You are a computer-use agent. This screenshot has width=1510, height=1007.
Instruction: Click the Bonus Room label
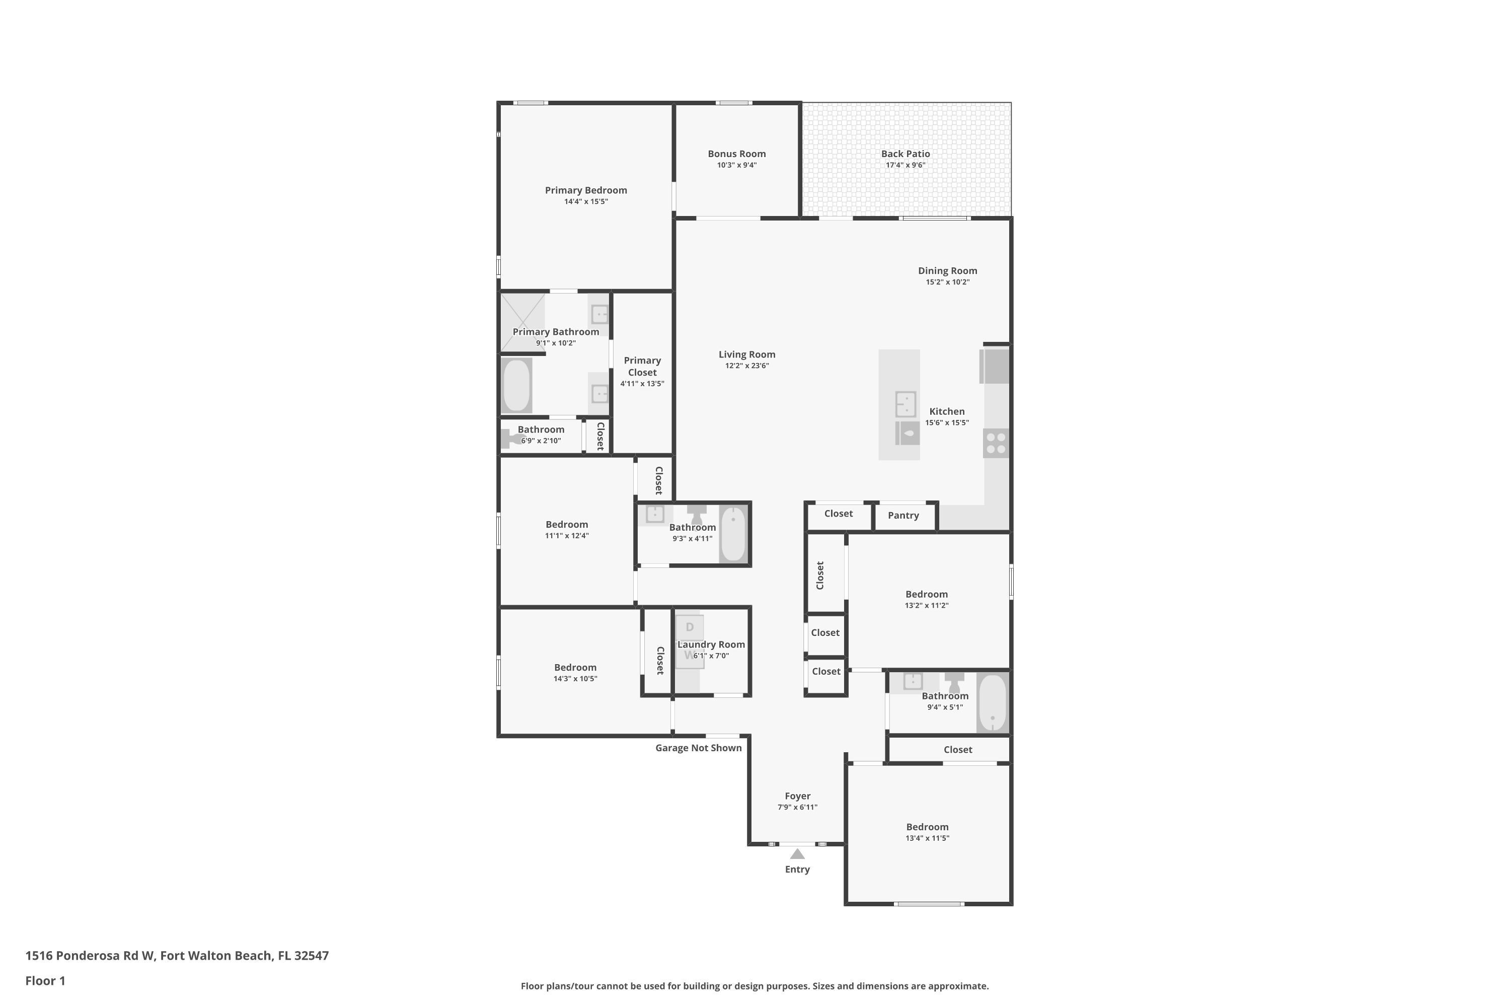pos(736,154)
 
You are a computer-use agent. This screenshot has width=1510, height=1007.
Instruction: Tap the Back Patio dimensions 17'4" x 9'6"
pos(905,165)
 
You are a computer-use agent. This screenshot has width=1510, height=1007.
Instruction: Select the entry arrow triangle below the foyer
pos(797,854)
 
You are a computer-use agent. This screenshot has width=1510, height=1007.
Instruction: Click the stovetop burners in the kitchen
pos(996,443)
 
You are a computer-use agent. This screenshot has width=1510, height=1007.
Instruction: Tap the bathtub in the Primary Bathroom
pos(517,385)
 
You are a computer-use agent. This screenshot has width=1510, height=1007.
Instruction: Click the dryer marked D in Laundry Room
pos(690,627)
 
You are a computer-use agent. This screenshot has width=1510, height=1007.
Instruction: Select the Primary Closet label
pos(642,367)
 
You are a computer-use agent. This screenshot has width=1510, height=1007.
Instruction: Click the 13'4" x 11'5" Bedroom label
pos(927,827)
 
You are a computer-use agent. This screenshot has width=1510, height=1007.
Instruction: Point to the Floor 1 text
pos(45,981)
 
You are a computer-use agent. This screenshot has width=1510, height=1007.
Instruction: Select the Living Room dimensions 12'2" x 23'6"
pos(746,366)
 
